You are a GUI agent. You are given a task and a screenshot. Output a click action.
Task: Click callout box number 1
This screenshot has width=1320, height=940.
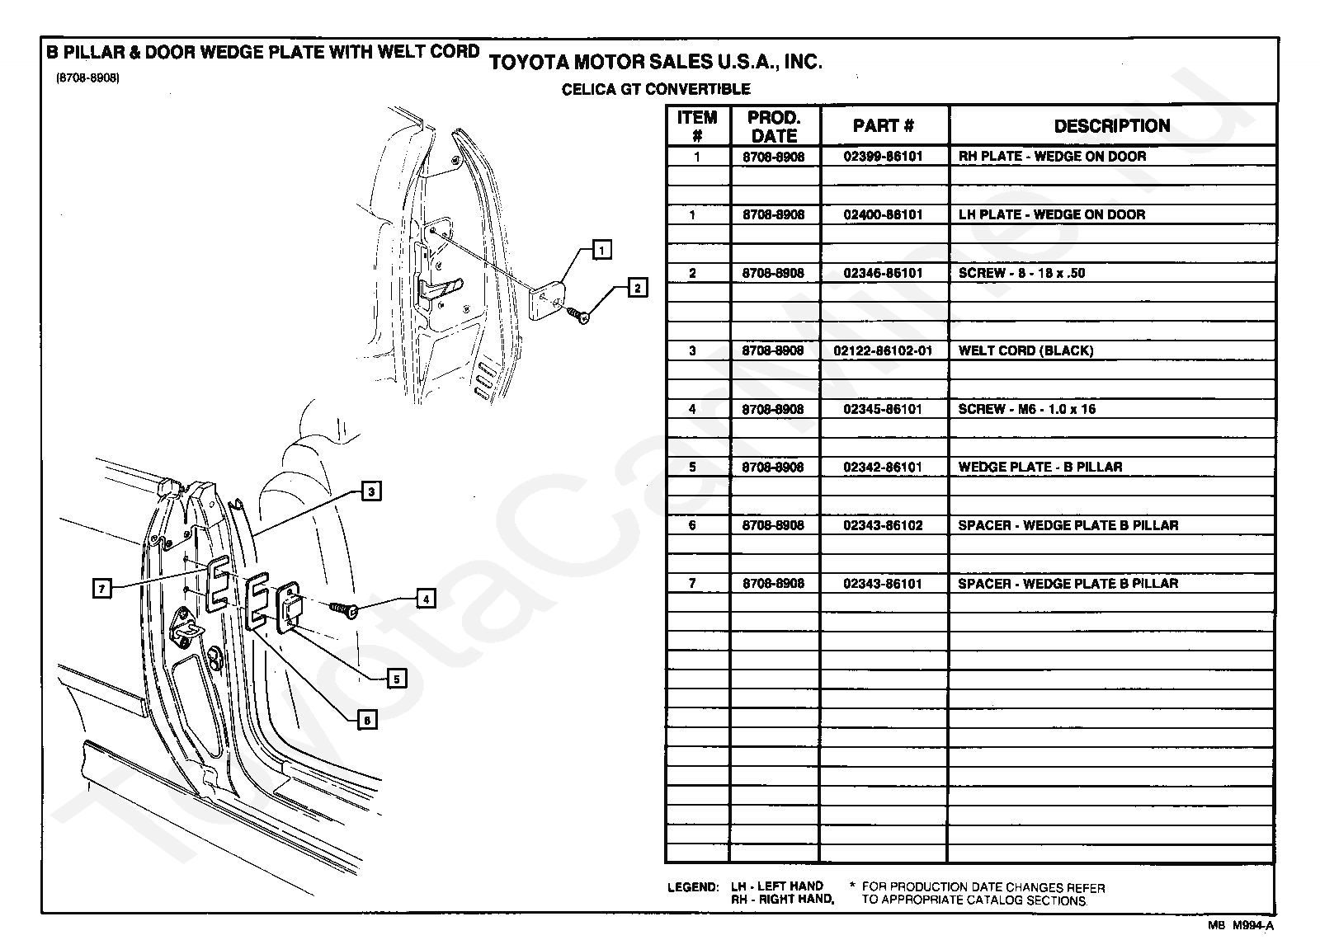pos(602,249)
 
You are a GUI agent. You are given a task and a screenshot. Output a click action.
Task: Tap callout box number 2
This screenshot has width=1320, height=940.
pos(637,288)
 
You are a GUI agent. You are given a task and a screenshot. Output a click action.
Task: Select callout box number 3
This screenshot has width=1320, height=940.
pos(371,491)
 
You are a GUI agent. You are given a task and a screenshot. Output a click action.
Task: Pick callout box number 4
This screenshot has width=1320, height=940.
pos(425,599)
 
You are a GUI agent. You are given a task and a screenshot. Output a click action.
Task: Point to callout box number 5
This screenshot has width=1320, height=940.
pos(397,679)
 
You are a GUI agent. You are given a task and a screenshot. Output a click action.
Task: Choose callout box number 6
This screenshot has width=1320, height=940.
pos(367,720)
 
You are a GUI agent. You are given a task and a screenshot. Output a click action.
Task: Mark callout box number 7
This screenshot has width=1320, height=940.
pos(101,588)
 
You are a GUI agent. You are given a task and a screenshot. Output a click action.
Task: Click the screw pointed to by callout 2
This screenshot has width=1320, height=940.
pos(579,315)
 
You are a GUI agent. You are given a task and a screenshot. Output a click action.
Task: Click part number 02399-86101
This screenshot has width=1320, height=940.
pos(883,156)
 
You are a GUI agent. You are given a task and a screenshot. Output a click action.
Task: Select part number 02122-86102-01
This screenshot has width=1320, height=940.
pos(883,350)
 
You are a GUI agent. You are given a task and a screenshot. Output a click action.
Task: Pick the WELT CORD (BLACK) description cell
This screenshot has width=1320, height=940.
pos(1025,350)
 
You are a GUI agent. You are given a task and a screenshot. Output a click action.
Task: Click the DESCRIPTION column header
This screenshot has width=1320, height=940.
pos(1111,126)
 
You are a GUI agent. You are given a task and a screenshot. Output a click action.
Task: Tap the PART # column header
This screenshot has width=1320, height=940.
pos(883,126)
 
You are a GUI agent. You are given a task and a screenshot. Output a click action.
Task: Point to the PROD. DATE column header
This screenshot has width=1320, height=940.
pos(774,126)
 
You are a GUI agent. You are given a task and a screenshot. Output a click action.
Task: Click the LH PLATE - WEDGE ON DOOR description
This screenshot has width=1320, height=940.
pos(1051,214)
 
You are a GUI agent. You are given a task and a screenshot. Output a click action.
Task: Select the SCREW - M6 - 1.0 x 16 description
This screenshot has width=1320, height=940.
pos(1026,409)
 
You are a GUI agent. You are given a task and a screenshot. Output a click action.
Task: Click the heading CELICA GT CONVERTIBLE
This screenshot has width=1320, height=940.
pos(656,89)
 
